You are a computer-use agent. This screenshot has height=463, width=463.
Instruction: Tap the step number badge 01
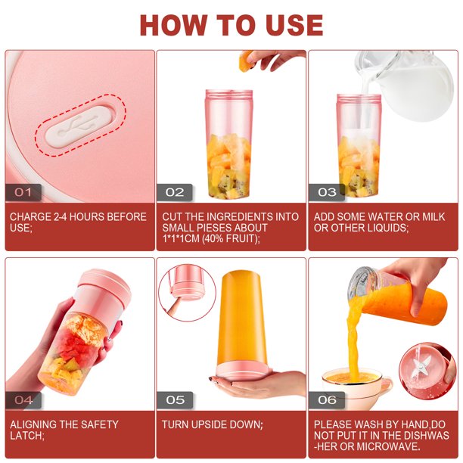tap(23, 192)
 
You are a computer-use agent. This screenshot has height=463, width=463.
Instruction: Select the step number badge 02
tap(175, 192)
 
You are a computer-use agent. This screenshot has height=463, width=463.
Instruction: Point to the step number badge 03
tap(327, 192)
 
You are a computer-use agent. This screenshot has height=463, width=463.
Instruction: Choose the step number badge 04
tap(23, 400)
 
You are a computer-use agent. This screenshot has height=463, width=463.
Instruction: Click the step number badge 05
tap(175, 400)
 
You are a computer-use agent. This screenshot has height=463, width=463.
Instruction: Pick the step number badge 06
tap(327, 400)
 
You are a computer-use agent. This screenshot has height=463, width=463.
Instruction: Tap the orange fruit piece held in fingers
tap(246, 61)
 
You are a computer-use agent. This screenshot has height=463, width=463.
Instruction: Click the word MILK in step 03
tap(433, 217)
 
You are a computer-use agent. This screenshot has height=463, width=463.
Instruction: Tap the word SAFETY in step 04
tap(99, 424)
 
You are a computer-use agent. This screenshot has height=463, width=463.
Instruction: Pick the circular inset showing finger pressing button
tap(187, 293)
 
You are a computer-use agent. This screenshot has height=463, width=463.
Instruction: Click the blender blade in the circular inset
tap(418, 365)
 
